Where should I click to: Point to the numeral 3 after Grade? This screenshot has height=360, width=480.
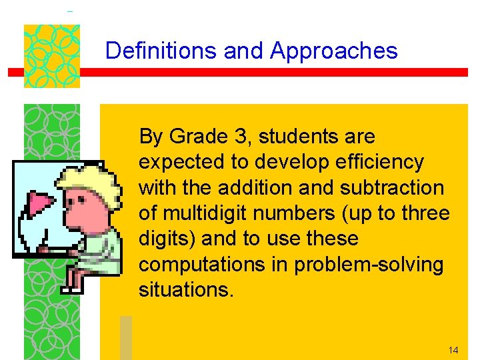(241, 137)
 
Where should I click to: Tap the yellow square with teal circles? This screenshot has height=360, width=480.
(52, 56)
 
